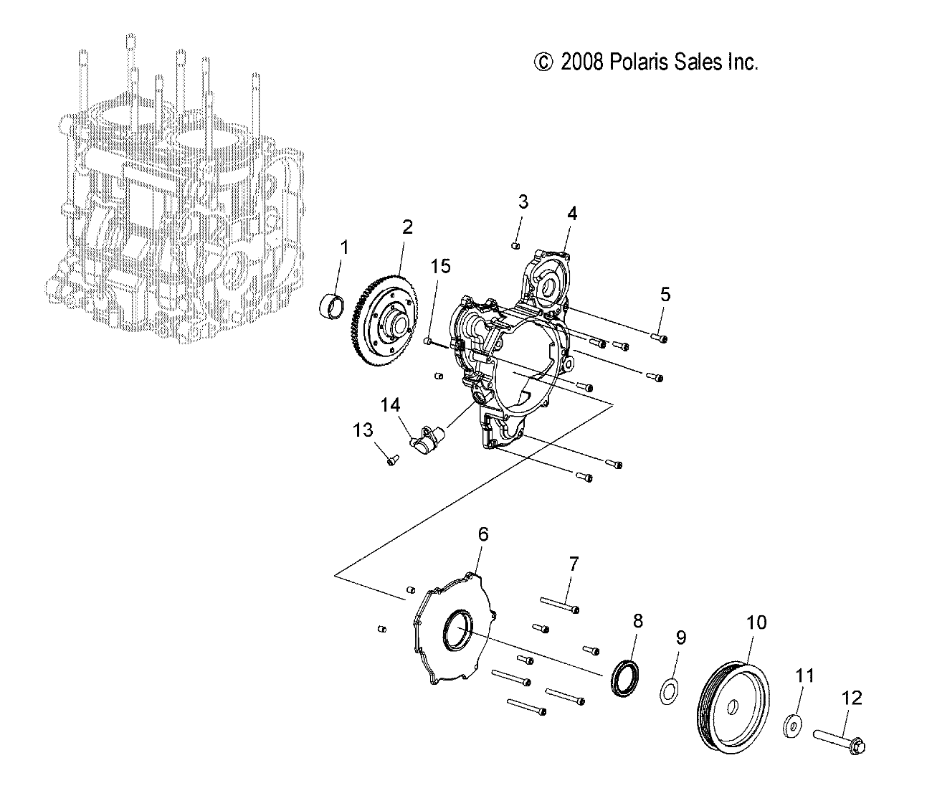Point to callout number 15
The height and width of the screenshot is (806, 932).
point(441,267)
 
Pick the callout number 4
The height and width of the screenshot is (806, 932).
point(572,213)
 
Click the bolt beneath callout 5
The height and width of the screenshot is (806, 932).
point(660,336)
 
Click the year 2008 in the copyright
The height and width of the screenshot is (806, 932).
point(582,63)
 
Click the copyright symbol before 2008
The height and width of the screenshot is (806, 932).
point(544,63)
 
